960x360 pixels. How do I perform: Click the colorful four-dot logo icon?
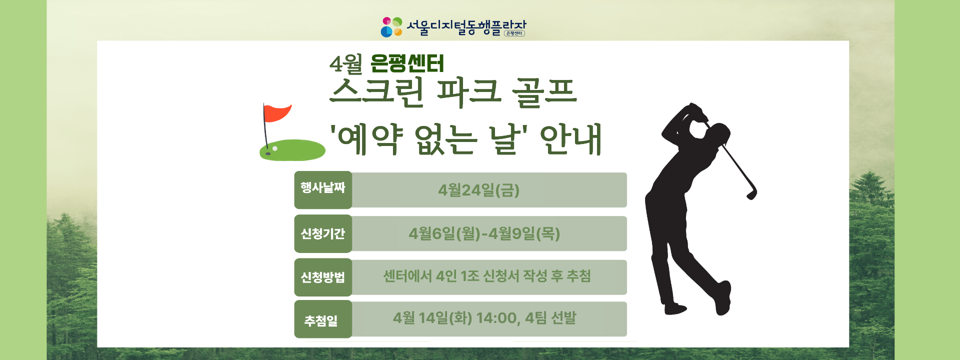click(x=391, y=27)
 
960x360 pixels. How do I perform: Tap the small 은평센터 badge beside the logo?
click(x=514, y=33)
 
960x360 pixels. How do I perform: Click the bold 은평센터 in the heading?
click(x=407, y=64)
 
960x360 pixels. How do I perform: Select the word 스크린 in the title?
click(x=377, y=93)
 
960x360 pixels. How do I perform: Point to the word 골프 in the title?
click(x=544, y=93)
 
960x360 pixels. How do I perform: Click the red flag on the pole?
click(x=276, y=113)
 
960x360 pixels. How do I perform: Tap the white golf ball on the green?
click(x=275, y=148)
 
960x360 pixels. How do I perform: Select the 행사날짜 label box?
click(x=323, y=189)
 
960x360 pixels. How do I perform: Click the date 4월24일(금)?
click(x=478, y=190)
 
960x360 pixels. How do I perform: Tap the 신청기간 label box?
click(x=323, y=233)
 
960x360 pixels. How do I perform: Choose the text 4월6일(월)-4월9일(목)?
click(x=484, y=233)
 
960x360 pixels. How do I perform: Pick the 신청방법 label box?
click(x=323, y=277)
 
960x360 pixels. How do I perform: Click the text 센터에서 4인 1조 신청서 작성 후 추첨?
click(x=487, y=276)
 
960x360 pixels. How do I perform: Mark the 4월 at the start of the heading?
click(x=345, y=64)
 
